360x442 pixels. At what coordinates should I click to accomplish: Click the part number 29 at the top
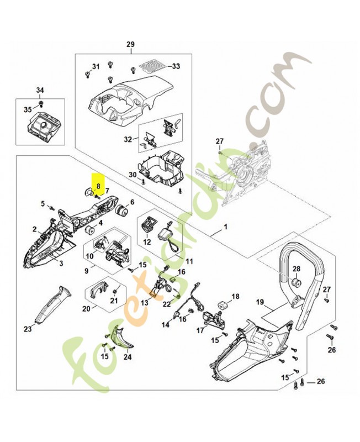click(x=130, y=44)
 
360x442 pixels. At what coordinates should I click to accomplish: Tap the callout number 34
click(x=40, y=90)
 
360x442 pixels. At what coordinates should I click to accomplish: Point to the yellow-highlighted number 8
click(x=98, y=186)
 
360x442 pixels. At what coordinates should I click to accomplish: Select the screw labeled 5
click(x=51, y=208)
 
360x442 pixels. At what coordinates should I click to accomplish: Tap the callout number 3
click(x=61, y=264)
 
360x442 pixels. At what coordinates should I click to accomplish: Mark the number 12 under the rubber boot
click(x=147, y=242)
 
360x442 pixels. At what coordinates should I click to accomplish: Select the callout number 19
click(x=260, y=302)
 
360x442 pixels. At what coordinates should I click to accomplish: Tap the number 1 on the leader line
click(x=225, y=227)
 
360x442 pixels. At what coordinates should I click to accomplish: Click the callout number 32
click(x=128, y=139)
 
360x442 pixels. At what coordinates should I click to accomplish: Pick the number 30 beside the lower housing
click(x=133, y=175)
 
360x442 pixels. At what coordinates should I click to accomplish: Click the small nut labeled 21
click(x=115, y=291)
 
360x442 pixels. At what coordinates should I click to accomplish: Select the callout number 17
click(x=200, y=330)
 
